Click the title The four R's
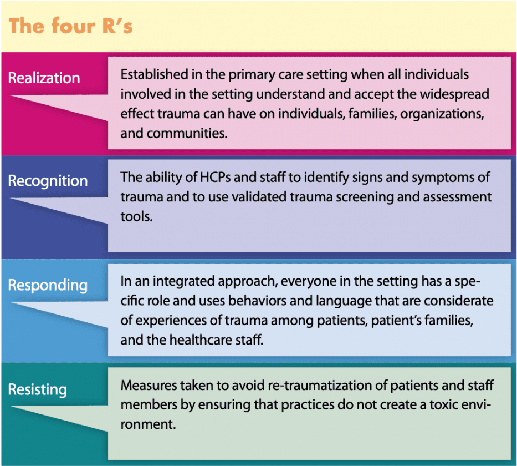(70, 26)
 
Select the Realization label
(44, 78)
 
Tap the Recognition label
(48, 181)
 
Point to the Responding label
(48, 286)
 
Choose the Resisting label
(37, 390)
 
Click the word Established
(154, 74)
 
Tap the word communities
(187, 133)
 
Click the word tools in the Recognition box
(136, 216)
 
